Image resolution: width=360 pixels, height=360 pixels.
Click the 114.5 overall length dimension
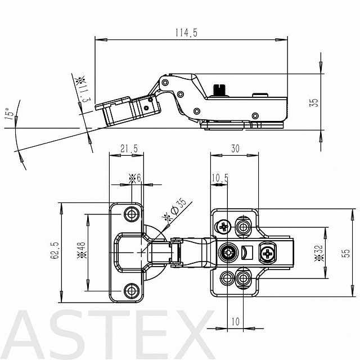coord(186,33)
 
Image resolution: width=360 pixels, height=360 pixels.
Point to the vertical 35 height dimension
coord(314,102)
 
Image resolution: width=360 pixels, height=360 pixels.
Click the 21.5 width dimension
coord(129,148)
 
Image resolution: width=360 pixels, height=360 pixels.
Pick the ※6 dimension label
coord(134,178)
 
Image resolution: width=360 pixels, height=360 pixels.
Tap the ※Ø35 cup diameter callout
coord(174,210)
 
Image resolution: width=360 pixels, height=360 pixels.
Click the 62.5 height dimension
coord(55,250)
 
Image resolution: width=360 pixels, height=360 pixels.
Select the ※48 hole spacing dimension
coord(82,250)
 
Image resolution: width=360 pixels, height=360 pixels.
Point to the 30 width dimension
coord(235,148)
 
